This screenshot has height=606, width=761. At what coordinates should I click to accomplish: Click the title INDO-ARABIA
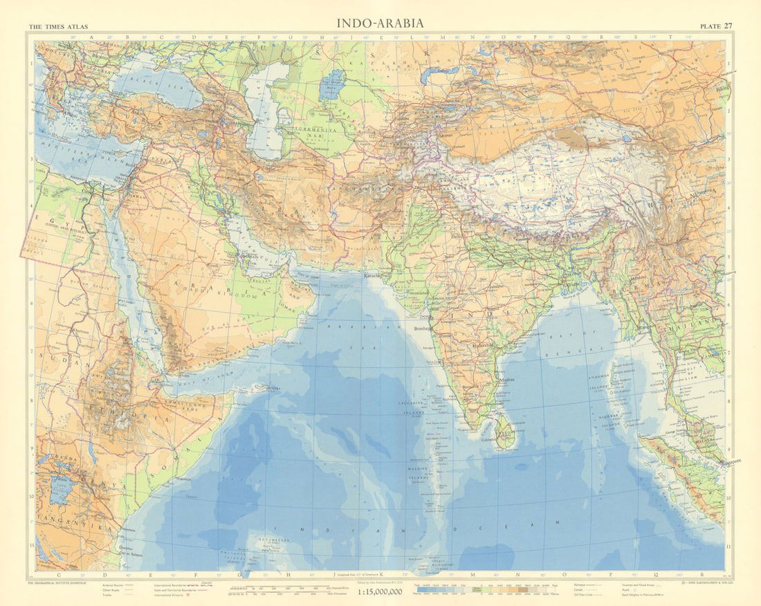[380, 23]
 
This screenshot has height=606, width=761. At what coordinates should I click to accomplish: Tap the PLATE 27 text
[716, 26]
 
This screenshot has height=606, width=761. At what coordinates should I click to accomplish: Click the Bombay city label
[419, 329]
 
